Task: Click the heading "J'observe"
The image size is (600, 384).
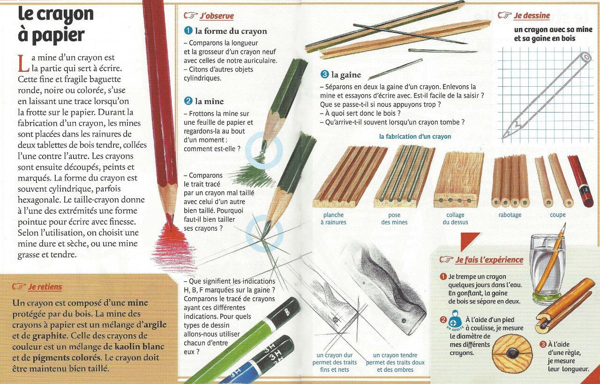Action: point(217,16)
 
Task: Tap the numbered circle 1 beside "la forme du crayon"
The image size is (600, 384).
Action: point(188,30)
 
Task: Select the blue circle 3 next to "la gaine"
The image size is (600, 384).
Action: point(324,74)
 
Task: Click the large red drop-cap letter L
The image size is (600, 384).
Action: point(23,63)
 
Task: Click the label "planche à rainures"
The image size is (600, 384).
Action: point(333,218)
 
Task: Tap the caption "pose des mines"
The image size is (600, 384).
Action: point(394,218)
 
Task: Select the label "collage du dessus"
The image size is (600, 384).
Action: point(455,218)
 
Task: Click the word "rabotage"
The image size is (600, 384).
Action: point(510,215)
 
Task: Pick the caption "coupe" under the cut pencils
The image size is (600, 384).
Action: point(558,215)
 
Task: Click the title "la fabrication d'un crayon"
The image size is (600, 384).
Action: point(415,136)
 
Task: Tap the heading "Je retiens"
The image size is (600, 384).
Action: point(45,287)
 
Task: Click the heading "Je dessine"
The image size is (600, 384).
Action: point(532,16)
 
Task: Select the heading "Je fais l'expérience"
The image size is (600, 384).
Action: point(489,260)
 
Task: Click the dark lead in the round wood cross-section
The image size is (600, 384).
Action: point(511,354)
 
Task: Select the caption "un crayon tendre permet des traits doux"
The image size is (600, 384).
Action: point(395,359)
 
